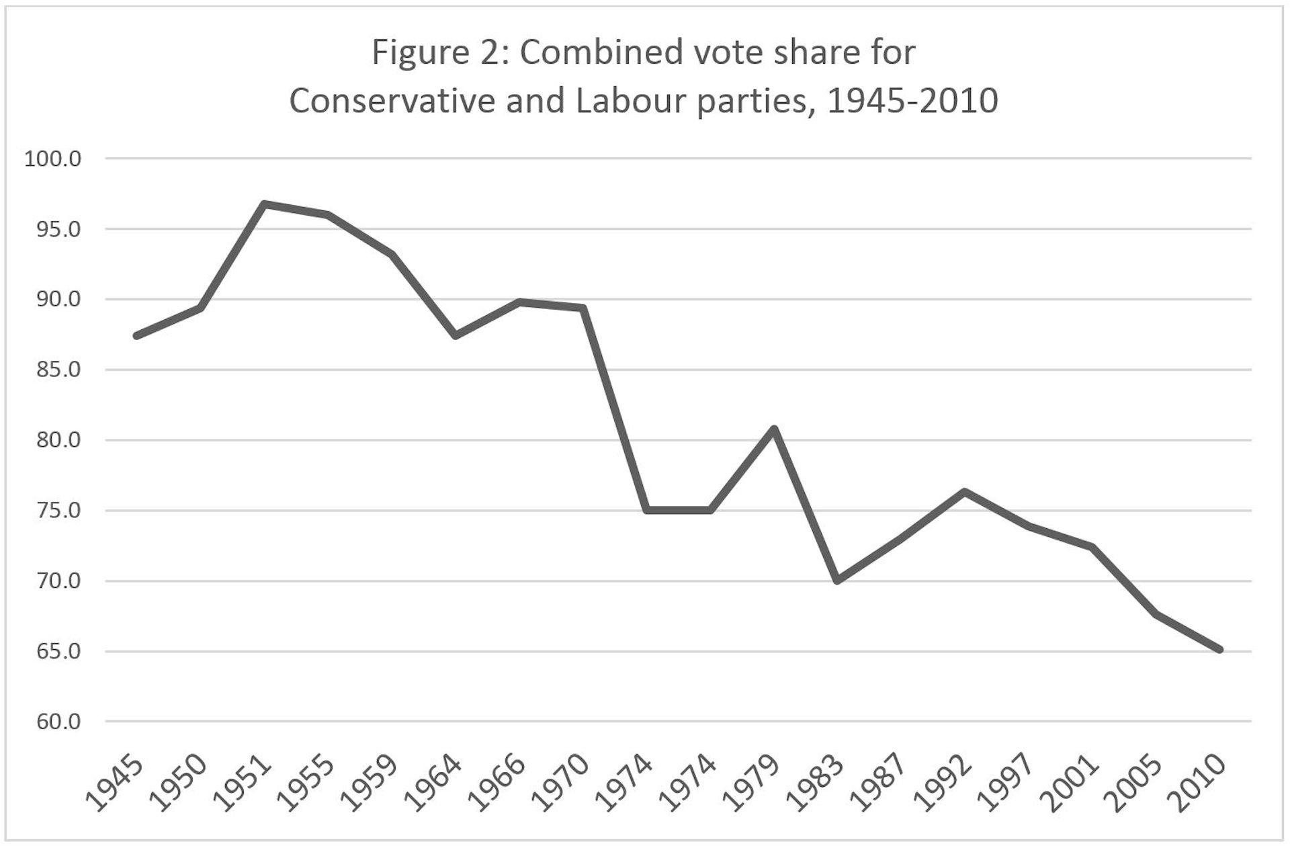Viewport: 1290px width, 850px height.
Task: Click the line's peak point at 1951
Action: point(265,204)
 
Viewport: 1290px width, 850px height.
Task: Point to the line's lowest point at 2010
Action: point(1219,649)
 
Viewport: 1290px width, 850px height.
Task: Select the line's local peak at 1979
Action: point(774,429)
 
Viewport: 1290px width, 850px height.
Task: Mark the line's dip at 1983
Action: point(838,581)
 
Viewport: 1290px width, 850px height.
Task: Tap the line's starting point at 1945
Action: point(137,335)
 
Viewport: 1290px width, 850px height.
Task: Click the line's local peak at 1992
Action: point(965,491)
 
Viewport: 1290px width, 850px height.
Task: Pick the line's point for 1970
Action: point(583,308)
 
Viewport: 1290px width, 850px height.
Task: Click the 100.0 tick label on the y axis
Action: point(53,159)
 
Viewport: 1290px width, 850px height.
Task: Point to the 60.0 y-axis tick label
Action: point(53,722)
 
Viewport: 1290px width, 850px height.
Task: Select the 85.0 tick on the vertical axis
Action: point(53,370)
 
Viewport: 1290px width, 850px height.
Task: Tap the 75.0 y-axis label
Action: point(53,511)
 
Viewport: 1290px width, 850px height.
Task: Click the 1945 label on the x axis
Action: point(116,785)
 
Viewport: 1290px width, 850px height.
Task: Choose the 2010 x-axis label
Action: point(1200,785)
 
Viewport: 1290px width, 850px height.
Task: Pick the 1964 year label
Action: point(435,785)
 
